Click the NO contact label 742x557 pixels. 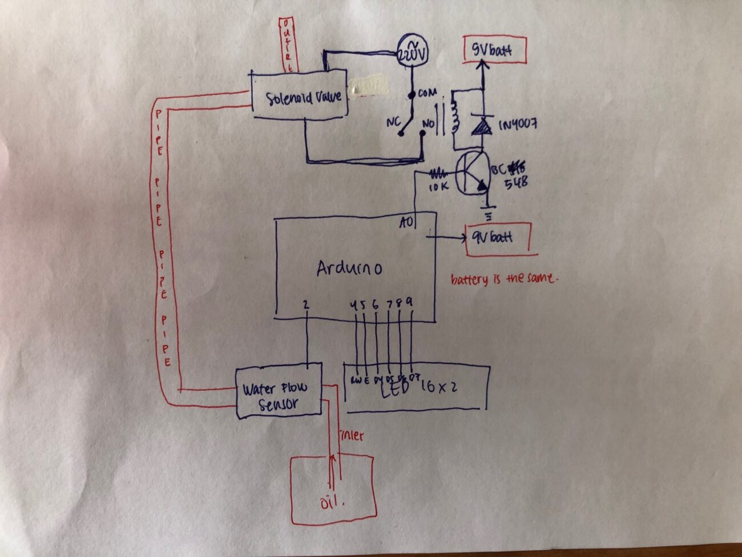pyautogui.click(x=428, y=122)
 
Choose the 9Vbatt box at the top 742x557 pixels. pyautogui.click(x=494, y=51)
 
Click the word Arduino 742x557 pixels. pyautogui.click(x=349, y=269)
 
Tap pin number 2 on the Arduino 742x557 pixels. pyautogui.click(x=307, y=306)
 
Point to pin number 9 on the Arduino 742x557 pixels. pyautogui.click(x=409, y=304)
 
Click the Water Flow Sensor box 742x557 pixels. pyautogui.click(x=279, y=392)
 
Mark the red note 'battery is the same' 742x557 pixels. pyautogui.click(x=502, y=279)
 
